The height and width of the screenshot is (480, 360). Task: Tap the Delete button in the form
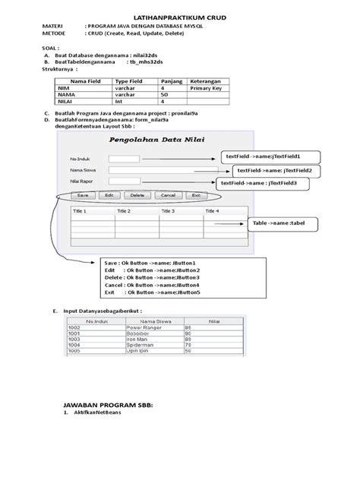coord(137,195)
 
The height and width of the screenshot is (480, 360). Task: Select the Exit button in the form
coord(195,195)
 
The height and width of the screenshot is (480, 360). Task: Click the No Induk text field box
coord(123,159)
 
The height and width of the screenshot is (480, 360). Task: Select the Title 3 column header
coord(169,210)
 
